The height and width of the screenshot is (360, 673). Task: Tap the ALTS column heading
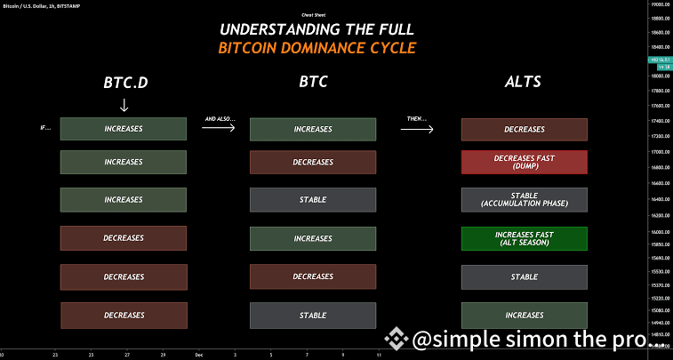523,83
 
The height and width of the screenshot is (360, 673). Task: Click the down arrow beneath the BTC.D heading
124,104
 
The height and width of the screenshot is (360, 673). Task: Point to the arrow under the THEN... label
417,129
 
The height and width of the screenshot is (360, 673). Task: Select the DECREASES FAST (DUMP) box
524,162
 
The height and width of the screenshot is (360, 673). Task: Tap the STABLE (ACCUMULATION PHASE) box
524,199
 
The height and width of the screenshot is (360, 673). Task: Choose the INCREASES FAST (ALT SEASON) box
524,238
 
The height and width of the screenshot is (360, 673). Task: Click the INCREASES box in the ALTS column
524,315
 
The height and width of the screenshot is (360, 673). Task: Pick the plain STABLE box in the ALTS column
524,276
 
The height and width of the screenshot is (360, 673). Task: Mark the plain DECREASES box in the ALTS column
524,129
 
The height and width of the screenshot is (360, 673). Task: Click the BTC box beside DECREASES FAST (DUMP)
313,162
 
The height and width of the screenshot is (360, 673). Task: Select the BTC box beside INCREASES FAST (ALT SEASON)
313,238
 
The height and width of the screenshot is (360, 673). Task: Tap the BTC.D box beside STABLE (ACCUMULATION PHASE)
124,199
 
